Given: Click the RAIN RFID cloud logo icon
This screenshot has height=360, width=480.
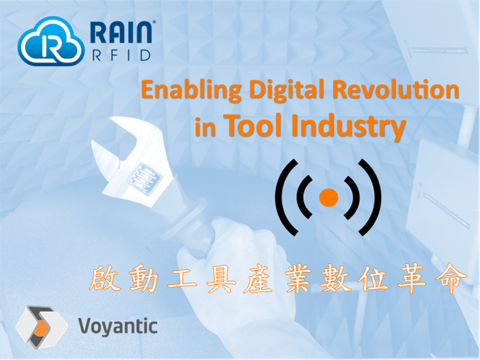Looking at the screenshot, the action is pyautogui.click(x=51, y=41).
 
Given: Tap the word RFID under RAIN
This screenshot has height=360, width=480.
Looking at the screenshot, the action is pyautogui.click(x=121, y=55).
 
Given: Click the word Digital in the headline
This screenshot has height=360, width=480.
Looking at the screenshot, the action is pyautogui.click(x=286, y=90).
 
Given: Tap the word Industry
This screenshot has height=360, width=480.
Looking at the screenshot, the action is pyautogui.click(x=349, y=127).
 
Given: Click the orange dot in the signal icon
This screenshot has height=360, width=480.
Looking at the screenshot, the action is pyautogui.click(x=328, y=197).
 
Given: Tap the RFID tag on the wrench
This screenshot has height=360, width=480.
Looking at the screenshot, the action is pyautogui.click(x=144, y=179).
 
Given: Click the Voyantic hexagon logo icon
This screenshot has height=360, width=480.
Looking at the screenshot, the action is pyautogui.click(x=41, y=327).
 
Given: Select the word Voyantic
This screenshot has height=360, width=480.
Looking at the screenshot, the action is pyautogui.click(x=118, y=326).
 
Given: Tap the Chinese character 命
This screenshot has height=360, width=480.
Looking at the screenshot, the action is pyautogui.click(x=452, y=278).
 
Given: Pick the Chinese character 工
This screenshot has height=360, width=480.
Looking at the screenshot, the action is pyautogui.click(x=182, y=278).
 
